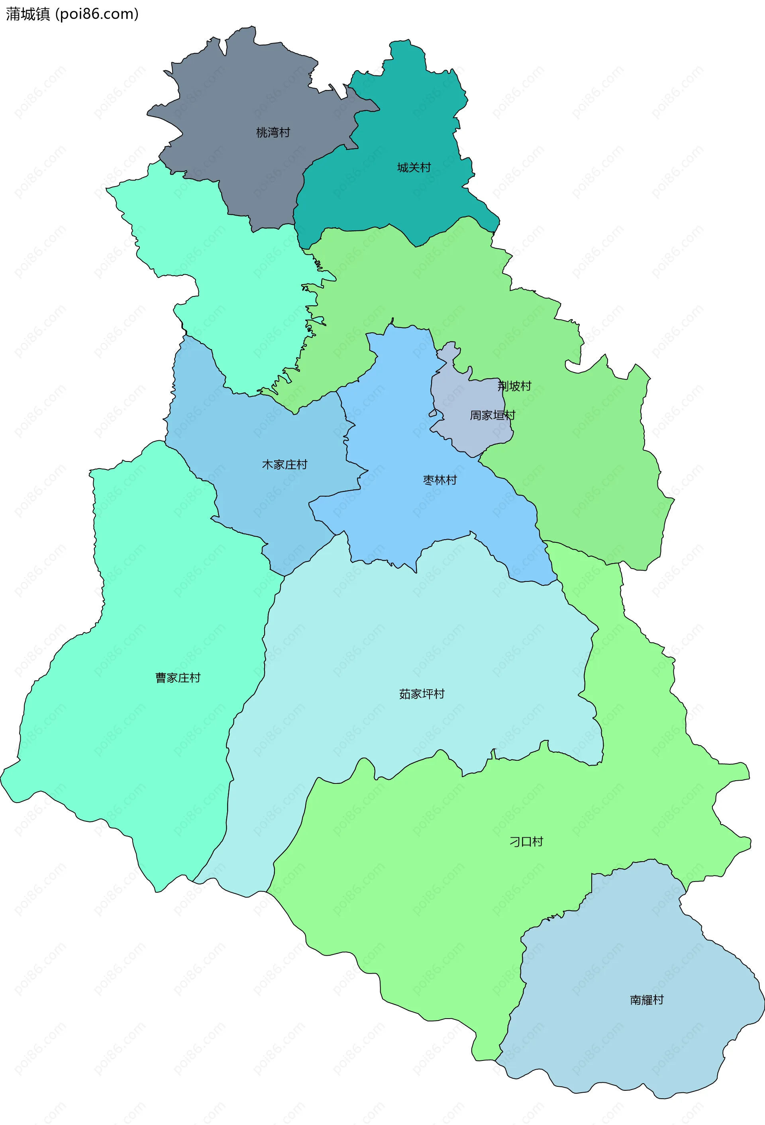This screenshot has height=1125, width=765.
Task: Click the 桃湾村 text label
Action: pyautogui.click(x=273, y=132)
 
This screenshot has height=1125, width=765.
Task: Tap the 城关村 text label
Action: pyautogui.click(x=414, y=167)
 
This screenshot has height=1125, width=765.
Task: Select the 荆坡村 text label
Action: pyautogui.click(x=514, y=386)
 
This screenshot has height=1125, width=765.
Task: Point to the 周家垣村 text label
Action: pyautogui.click(x=492, y=415)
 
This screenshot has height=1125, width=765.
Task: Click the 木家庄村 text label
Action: pyautogui.click(x=284, y=465)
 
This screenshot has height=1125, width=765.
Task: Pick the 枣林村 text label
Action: pyautogui.click(x=440, y=480)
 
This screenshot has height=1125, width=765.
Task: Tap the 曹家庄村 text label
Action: pyautogui.click(x=178, y=678)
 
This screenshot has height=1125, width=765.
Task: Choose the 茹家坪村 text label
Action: pyautogui.click(x=422, y=694)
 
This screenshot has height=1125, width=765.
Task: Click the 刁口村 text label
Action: pyautogui.click(x=526, y=842)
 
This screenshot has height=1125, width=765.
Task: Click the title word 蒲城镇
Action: pyautogui.click(x=27, y=14)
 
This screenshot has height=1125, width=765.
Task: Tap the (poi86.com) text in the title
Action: pyautogui.click(x=97, y=14)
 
